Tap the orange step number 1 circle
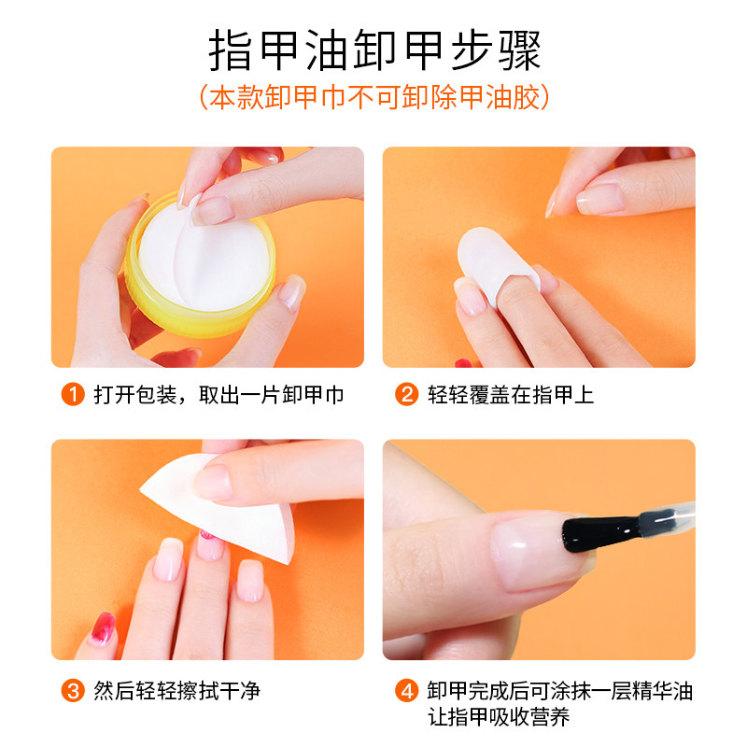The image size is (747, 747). [73, 395]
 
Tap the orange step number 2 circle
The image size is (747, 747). [406, 395]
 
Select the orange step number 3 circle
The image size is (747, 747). [73, 691]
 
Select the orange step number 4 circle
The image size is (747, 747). [406, 692]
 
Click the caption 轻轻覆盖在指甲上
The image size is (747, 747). [511, 395]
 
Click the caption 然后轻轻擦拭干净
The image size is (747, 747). [176, 691]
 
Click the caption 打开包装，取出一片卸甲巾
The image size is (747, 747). [219, 395]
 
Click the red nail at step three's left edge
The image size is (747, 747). [100, 630]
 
